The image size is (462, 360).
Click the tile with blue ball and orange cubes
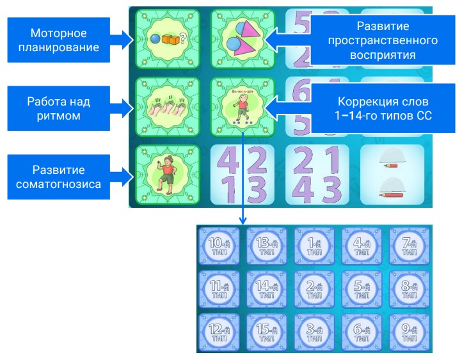pos(168,40)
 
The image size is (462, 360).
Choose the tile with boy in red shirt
pos(168,176)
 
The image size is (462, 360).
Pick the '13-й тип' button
pos(267,246)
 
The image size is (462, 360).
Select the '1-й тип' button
pos(314,246)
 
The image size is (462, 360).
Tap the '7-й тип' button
pos(410,246)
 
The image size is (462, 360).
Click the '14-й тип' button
pos(267,289)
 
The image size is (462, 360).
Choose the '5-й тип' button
pos(362,289)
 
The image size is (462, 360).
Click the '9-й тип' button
pos(410,332)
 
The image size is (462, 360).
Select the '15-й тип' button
pos(267,332)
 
